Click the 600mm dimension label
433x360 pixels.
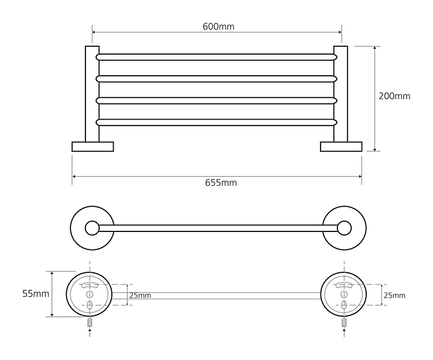pyautogui.click(x=218, y=26)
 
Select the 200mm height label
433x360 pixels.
pyautogui.click(x=394, y=96)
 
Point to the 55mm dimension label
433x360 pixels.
pyautogui.click(x=35, y=294)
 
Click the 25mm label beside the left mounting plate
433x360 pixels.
pyautogui.click(x=140, y=295)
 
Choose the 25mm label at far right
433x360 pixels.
pyautogui.click(x=394, y=295)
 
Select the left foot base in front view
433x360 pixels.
pyautogui.click(x=93, y=147)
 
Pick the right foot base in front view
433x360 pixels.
pyautogui.click(x=341, y=147)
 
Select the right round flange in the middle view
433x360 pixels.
pyautogui.click(x=343, y=227)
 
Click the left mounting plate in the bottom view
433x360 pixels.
pyautogui.click(x=90, y=294)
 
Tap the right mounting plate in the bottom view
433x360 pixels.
pyautogui.click(x=343, y=294)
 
